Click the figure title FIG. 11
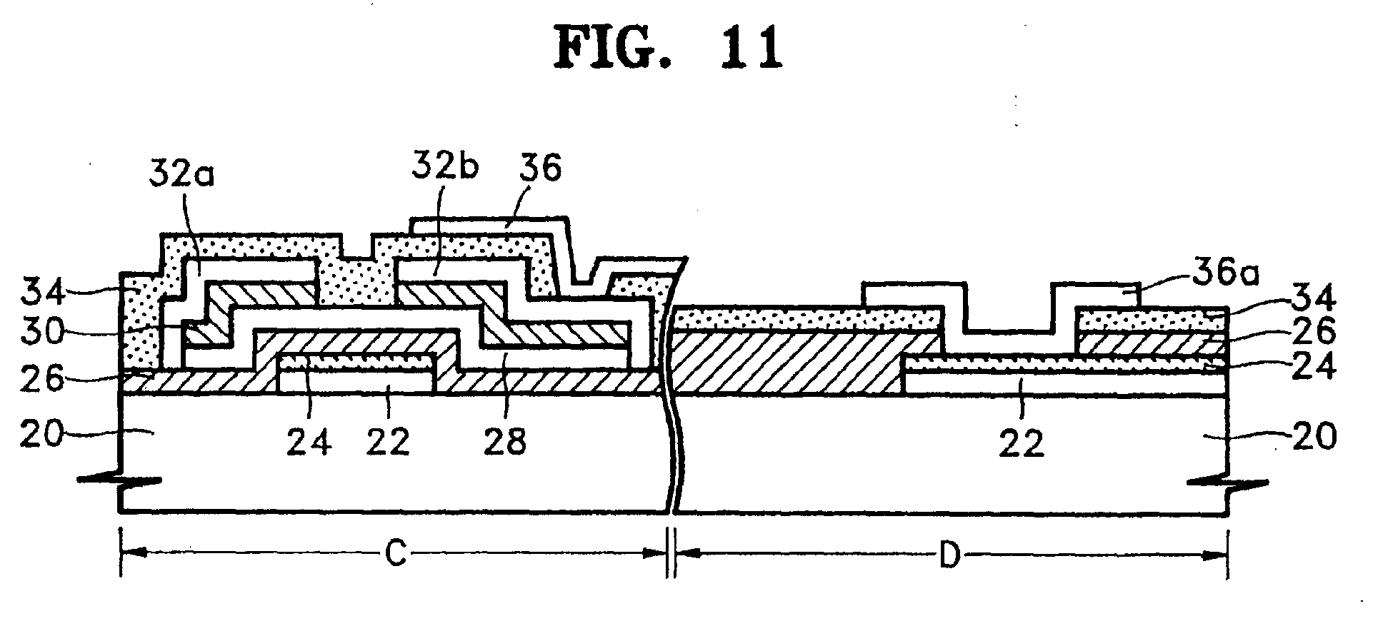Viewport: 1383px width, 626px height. [668, 48]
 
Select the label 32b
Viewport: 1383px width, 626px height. [444, 169]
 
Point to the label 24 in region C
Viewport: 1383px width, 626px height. [309, 443]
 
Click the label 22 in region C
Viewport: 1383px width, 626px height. [388, 443]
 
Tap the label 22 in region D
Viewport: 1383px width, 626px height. [1023, 443]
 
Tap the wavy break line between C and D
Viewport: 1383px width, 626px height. [671, 385]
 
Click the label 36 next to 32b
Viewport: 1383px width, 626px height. [541, 169]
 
